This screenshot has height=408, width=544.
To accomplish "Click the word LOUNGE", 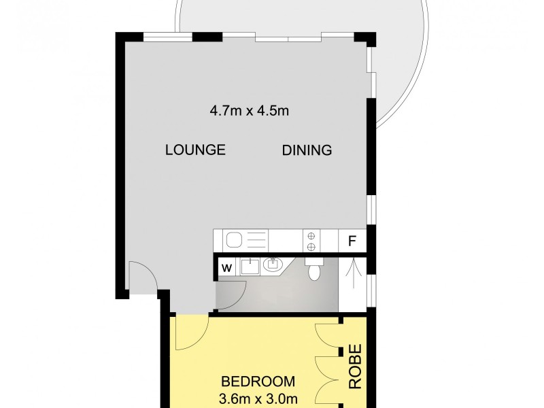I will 195,150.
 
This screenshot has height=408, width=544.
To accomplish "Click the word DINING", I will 307,150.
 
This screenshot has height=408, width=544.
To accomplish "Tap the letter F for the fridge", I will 352,241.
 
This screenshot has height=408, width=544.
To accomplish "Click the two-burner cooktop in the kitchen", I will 311,240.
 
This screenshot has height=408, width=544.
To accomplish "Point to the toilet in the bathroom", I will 313,270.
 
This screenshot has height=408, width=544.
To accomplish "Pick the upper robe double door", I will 326,337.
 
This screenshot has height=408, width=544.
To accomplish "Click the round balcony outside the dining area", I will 401,61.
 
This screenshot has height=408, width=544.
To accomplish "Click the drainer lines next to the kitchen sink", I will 256,240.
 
